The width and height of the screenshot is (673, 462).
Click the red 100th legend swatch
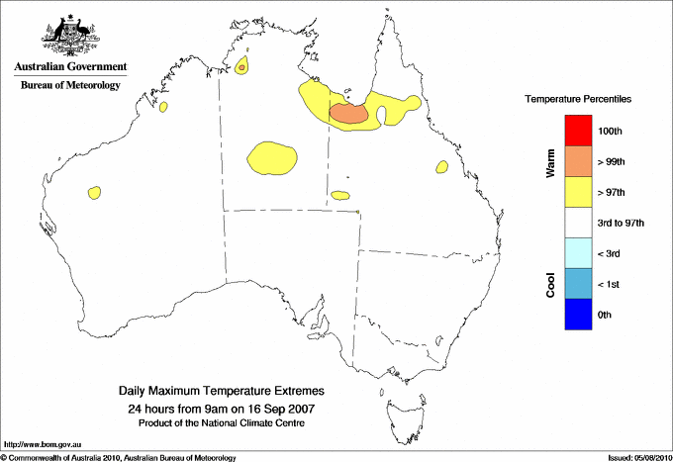click(577, 131)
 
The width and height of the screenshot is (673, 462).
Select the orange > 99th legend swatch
click(577, 161)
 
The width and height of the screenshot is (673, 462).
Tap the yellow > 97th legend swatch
click(577, 192)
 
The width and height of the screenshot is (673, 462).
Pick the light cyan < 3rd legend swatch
click(577, 253)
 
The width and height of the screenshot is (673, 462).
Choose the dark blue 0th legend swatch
click(577, 315)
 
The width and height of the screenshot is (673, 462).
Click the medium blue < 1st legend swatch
click(577, 284)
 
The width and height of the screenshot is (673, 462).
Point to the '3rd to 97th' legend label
click(622, 224)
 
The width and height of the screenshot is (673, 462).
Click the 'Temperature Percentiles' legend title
click(578, 100)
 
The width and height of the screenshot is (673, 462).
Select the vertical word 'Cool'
click(550, 285)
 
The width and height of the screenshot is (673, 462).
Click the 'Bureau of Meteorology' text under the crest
click(70, 86)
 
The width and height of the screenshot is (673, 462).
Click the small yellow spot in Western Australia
click(96, 191)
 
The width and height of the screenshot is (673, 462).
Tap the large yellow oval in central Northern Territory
click(272, 157)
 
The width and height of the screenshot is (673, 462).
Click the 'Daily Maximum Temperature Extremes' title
click(221, 392)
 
